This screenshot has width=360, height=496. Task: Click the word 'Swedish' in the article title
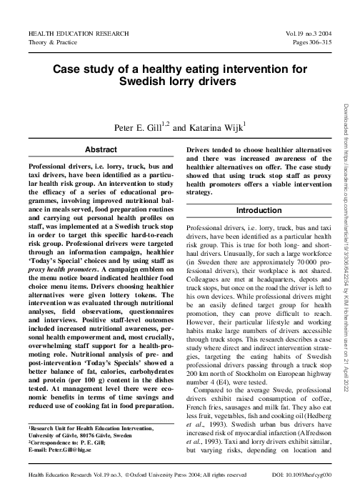(146, 81)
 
